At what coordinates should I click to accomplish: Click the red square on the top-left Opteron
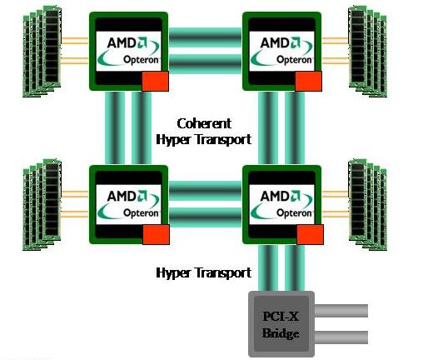point(155,81)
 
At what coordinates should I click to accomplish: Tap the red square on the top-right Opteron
point(308,81)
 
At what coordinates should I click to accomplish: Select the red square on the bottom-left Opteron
point(156,235)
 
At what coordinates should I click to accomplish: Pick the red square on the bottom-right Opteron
point(310,235)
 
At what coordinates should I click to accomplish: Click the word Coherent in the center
point(204,123)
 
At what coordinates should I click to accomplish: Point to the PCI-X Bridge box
point(281,324)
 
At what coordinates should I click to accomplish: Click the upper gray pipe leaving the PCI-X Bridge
point(341,311)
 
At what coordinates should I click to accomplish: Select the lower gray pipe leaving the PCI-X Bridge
point(341,337)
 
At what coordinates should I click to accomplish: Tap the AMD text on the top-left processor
point(122,43)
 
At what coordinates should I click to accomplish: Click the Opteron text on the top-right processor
point(294,60)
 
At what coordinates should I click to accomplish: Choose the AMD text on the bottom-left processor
point(122,197)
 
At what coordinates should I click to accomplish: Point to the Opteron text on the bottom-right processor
point(294,213)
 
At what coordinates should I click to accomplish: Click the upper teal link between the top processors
point(205,37)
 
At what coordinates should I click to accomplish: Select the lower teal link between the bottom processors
point(205,217)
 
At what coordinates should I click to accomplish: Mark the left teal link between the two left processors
point(115,127)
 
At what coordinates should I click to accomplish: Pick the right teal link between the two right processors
point(295,127)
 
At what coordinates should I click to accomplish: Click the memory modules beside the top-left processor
point(42,52)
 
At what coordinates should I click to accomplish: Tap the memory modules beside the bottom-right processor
point(367,205)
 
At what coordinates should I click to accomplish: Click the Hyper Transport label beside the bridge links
point(204,272)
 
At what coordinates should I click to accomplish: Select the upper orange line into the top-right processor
point(335,41)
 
